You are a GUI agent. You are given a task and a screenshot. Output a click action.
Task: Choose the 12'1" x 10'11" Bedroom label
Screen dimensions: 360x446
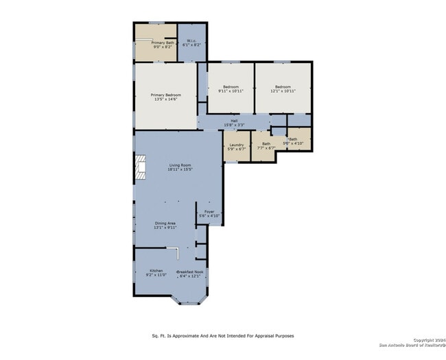coord(283,89)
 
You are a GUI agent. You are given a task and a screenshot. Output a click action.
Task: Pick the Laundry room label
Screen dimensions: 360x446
coord(237,145)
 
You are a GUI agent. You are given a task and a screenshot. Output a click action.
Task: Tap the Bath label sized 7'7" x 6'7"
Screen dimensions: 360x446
coord(266,145)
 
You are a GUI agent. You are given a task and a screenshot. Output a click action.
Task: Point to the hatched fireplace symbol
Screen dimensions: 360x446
coord(140,167)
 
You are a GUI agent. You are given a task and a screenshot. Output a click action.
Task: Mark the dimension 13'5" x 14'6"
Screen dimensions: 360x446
coord(165,99)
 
